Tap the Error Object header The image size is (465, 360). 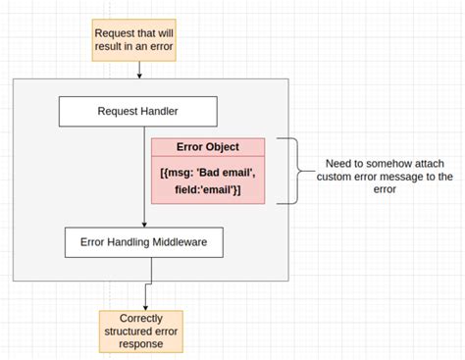[x=208, y=147]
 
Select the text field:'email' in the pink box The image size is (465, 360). [x=208, y=188]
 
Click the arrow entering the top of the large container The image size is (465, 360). [x=140, y=71]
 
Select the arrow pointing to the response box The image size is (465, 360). [x=147, y=298]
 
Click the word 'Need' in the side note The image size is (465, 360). [x=340, y=164]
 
